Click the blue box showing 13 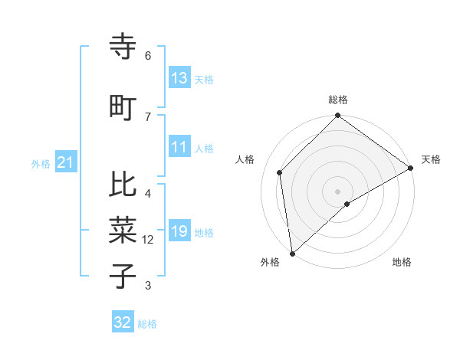tap(179, 78)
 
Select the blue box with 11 tap(179, 147)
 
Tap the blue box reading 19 tap(179, 231)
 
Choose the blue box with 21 tap(65, 162)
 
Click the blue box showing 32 tap(123, 322)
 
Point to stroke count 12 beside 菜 tap(148, 240)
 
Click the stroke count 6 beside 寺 tap(148, 56)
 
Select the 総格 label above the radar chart tap(337, 100)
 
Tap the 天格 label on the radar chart tap(431, 159)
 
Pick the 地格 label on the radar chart tap(402, 262)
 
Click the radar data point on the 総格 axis tap(337, 117)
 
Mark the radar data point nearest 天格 tap(411, 168)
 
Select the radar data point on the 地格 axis tap(347, 204)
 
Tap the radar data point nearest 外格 tap(292, 253)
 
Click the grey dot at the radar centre tap(337, 191)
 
